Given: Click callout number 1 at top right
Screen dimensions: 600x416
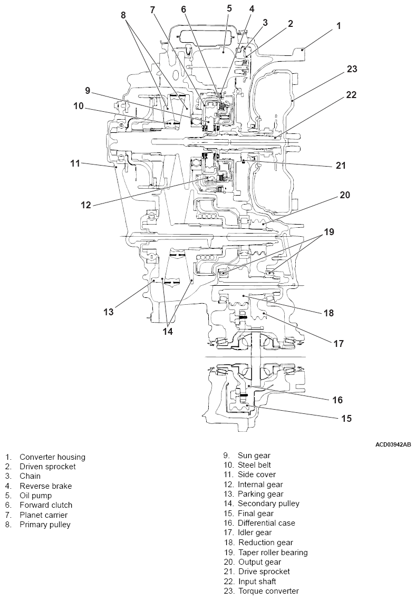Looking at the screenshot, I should click(x=339, y=25).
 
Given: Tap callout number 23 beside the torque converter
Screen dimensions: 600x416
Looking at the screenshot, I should click(x=352, y=69).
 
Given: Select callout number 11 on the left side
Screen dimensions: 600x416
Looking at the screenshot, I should click(x=75, y=163).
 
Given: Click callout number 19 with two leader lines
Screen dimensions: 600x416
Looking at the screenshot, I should click(x=329, y=231).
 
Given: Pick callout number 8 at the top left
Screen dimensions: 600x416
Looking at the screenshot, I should click(x=123, y=15).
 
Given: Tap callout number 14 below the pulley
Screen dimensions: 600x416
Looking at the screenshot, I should click(x=168, y=331).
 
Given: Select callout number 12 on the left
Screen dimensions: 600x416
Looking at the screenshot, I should click(x=86, y=205).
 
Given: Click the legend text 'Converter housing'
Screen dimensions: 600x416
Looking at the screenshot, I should click(x=52, y=457).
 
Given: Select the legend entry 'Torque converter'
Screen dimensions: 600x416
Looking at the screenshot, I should click(x=268, y=591).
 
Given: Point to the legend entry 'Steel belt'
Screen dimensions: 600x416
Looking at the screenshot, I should click(x=256, y=465).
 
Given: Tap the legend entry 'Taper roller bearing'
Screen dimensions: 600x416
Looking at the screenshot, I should click(x=273, y=553).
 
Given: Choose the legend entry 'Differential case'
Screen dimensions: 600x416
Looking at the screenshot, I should click(x=266, y=523).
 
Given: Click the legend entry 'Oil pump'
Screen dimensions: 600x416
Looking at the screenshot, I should click(x=36, y=496).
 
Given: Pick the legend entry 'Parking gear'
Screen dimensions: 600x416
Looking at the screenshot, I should click(x=260, y=494).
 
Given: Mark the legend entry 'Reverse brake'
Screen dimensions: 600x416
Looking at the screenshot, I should click(x=45, y=486).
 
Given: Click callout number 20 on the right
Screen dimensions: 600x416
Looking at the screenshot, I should click(x=345, y=195).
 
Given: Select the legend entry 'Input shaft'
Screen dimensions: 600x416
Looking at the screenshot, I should click(x=257, y=582).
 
